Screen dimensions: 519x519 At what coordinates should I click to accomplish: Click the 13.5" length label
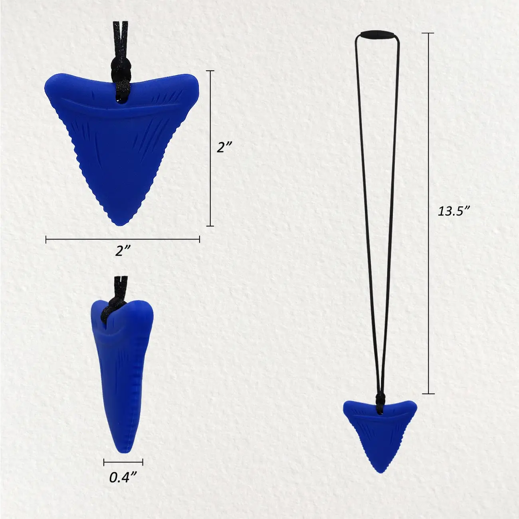(x=452, y=211)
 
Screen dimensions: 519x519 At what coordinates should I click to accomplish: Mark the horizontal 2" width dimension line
(x=123, y=240)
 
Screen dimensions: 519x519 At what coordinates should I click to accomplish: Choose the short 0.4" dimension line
(x=123, y=462)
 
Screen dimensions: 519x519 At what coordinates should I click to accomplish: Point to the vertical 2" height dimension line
(x=210, y=148)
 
